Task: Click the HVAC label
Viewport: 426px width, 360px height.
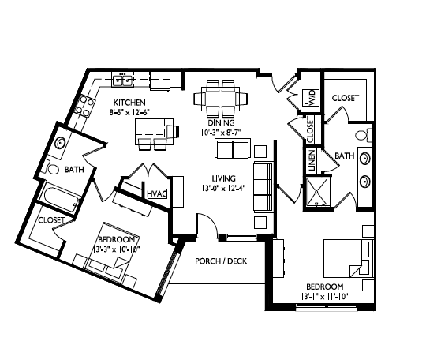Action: (x=157, y=193)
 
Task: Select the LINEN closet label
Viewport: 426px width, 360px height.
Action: (x=312, y=161)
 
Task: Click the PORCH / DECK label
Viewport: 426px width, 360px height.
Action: (x=221, y=261)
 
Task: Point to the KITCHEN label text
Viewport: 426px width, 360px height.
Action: (x=129, y=103)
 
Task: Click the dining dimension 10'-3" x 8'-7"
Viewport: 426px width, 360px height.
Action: (x=222, y=133)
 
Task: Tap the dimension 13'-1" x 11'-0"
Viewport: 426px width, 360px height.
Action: (x=325, y=296)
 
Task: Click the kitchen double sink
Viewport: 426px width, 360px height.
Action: (x=123, y=81)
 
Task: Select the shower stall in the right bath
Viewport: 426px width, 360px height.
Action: (x=317, y=192)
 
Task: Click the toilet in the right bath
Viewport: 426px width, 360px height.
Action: (x=364, y=135)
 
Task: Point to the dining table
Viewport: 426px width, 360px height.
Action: (x=221, y=99)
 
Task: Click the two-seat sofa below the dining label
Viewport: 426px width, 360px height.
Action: (x=233, y=148)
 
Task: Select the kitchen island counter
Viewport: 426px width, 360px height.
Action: (x=154, y=132)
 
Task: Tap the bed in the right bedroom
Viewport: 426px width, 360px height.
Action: (x=349, y=258)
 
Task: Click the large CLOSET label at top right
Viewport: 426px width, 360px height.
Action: (x=346, y=98)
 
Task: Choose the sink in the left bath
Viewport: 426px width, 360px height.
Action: (x=60, y=144)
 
